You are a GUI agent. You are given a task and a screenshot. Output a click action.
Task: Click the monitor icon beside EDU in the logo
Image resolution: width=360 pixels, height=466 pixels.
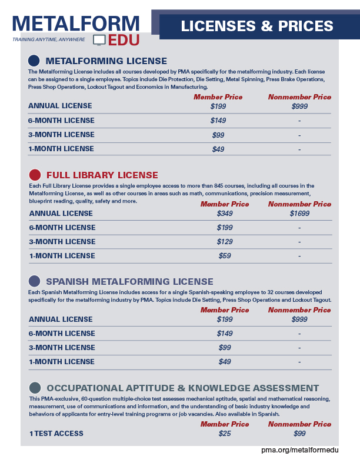(99, 40)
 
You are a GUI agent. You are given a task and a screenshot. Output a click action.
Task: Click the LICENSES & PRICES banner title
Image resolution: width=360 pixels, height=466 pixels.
(257, 26)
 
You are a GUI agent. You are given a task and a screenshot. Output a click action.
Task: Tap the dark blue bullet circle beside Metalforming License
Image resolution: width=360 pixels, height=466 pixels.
(34, 61)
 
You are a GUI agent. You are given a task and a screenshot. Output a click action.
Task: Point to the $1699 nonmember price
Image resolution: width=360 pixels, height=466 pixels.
(299, 213)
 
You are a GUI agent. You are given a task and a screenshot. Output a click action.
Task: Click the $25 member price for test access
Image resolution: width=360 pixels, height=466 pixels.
(225, 434)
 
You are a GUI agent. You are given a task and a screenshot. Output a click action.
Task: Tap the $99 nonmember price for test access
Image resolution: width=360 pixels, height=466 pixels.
(299, 434)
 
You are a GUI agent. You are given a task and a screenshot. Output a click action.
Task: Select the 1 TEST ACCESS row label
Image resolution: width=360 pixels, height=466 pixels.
(56, 434)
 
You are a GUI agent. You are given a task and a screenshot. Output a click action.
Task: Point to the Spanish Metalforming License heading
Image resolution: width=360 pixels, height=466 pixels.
(129, 281)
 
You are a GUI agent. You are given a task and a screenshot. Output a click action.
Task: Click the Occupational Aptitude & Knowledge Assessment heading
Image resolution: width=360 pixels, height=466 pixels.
(182, 388)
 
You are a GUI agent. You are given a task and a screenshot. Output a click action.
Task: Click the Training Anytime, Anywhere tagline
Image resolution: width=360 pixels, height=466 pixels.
(48, 39)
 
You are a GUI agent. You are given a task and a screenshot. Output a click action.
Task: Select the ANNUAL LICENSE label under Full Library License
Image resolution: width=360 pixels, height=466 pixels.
(61, 213)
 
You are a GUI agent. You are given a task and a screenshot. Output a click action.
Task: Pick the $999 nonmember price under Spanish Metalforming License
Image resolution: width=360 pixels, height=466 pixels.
(299, 319)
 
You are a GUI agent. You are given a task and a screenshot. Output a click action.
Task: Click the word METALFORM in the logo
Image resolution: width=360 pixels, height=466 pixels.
(76, 23)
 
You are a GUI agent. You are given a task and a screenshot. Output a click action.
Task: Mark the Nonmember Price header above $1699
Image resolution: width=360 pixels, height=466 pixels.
(299, 204)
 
